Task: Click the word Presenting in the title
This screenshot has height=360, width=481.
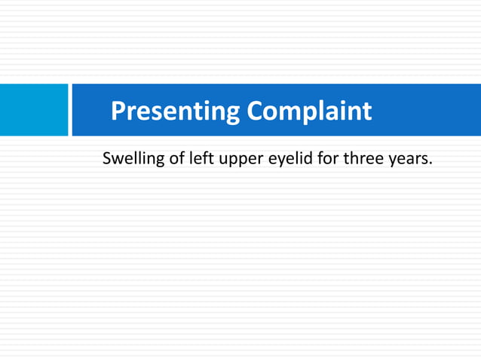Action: click(176, 111)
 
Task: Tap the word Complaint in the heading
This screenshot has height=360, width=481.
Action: click(309, 111)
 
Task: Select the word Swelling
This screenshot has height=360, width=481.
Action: click(132, 160)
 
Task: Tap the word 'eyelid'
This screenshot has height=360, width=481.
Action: click(284, 160)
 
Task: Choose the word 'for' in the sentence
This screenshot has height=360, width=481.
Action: click(325, 160)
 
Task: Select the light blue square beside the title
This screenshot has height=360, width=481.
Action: click(33, 110)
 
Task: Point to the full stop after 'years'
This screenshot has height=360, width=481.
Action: click(430, 164)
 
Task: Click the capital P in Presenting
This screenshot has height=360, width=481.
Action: click(118, 111)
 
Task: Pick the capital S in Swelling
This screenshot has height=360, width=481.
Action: click(107, 160)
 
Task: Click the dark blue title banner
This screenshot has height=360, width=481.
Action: click(422, 110)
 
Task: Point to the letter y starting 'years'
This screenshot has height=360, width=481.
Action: click(391, 162)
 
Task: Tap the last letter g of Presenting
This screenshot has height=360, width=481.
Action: click(232, 114)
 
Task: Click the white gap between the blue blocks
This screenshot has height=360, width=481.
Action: click(70, 110)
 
